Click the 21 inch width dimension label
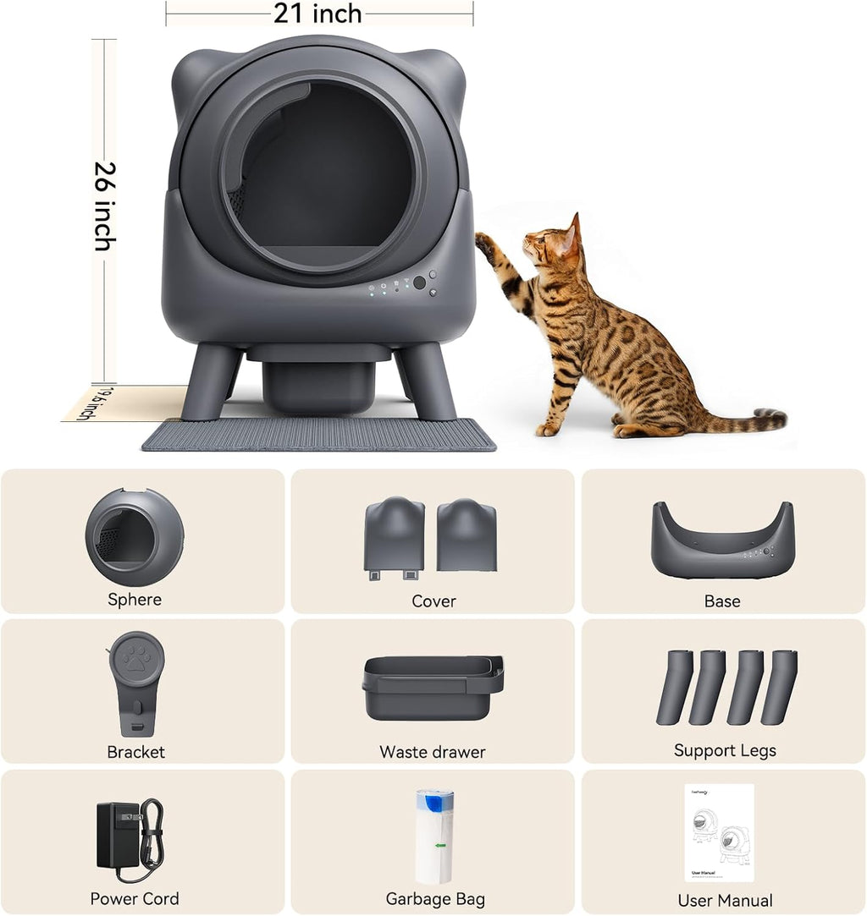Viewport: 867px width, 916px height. pos(318,14)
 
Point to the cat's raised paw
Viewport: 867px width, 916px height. pos(484,244)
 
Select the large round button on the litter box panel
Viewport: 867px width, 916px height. pos(419,282)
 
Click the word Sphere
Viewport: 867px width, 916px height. pos(135,600)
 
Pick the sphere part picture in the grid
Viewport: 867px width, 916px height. pos(134,537)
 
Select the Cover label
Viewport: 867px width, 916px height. pos(433,601)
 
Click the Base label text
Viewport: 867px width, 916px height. pos(722,601)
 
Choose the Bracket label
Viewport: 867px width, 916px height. pos(135,752)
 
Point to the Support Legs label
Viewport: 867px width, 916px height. pos(725,750)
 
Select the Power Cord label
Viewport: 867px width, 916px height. pos(135,898)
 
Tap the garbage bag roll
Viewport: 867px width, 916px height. pos(433,836)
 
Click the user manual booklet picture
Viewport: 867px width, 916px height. pos(719,833)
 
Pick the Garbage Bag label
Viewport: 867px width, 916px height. pos(435,899)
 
